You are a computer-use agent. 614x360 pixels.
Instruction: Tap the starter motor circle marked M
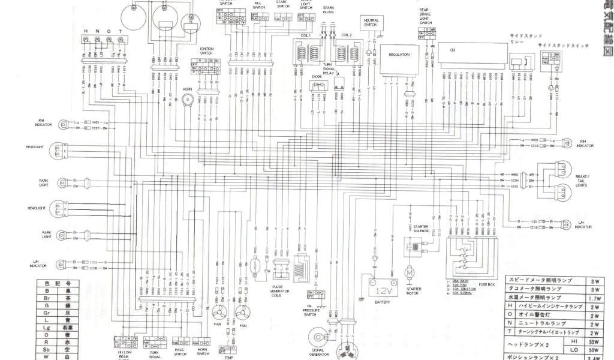pyautogui.click(x=410, y=273)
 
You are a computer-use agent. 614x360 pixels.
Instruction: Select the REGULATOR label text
pyautogui.click(x=399, y=55)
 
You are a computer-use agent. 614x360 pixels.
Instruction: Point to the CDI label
pyautogui.click(x=453, y=50)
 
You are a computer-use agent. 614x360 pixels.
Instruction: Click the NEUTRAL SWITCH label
pyautogui.click(x=371, y=23)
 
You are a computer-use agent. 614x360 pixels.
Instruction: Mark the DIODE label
pyautogui.click(x=317, y=77)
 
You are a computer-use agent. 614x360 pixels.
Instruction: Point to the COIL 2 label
pyautogui.click(x=347, y=35)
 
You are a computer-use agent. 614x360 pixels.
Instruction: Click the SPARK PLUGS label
pyautogui.click(x=329, y=10)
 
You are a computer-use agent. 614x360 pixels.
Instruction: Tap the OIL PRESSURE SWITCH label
pyautogui.click(x=309, y=310)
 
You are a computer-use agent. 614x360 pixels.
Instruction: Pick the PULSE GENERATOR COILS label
pyautogui.click(x=281, y=290)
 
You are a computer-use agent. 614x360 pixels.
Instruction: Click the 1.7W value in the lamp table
pyautogui.click(x=595, y=298)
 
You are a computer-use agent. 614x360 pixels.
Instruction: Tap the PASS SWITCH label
pyautogui.click(x=180, y=352)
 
